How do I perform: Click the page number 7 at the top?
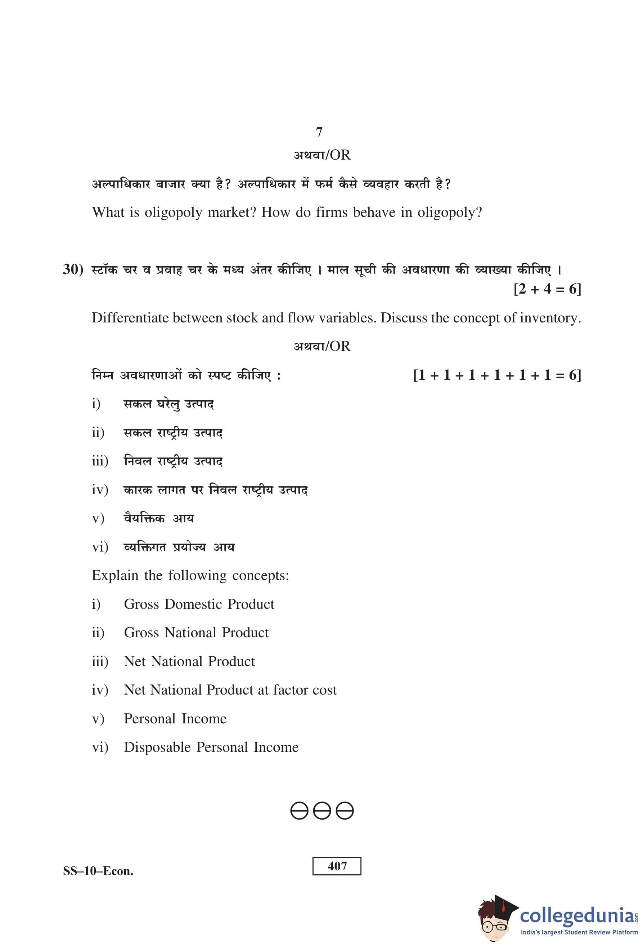[319, 132]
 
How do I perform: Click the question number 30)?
[73, 269]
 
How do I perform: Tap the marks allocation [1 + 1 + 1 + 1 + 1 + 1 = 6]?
[497, 375]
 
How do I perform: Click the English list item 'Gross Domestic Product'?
[199, 604]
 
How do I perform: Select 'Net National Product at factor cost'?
[230, 690]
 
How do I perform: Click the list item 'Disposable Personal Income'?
[211, 748]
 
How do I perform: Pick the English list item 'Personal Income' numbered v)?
[175, 719]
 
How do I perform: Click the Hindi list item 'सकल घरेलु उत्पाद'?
[168, 404]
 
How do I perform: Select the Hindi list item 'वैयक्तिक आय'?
[159, 519]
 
